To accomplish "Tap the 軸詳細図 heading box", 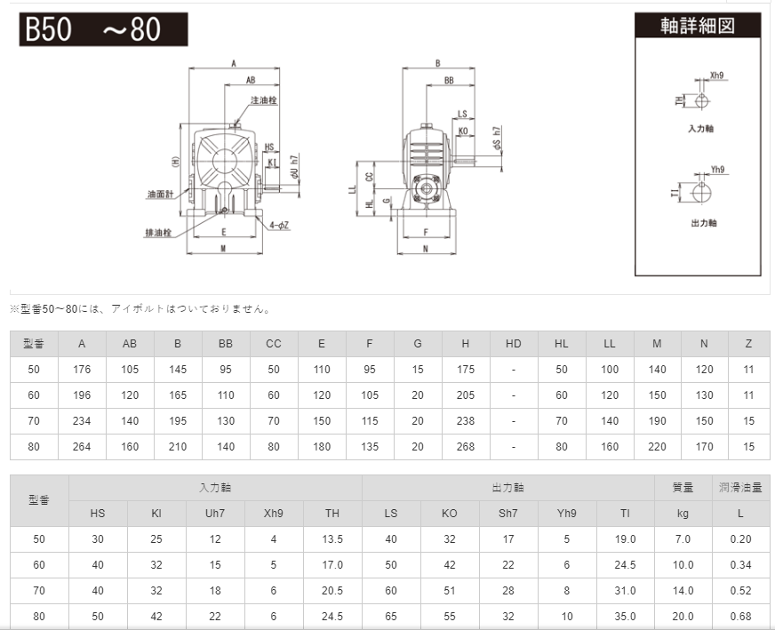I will click(698, 25).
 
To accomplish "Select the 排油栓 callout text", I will click(159, 233).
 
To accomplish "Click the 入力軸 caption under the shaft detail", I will click(701, 129).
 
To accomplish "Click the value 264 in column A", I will click(82, 447).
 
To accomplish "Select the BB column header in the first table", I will click(226, 344).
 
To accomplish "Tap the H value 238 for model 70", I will click(466, 421).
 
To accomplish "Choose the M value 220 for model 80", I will click(657, 447).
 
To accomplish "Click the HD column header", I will click(514, 344).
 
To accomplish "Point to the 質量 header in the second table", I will click(683, 487).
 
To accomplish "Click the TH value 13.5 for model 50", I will click(332, 539).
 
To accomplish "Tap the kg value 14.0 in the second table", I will click(683, 590).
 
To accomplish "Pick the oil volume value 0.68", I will click(740, 616).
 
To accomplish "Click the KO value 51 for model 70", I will click(450, 590).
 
